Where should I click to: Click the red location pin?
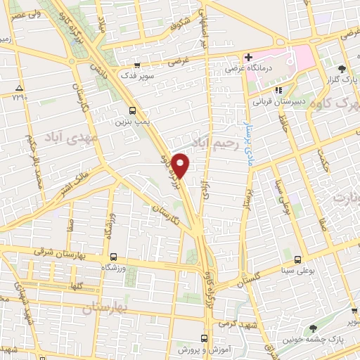pos(181,165)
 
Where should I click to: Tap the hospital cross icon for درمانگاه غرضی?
pos(249,56)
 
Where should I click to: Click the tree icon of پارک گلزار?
pos(341,68)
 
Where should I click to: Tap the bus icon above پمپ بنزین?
pos(132,110)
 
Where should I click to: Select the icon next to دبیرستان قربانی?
pos(278,90)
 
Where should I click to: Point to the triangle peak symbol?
pos(19,88)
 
